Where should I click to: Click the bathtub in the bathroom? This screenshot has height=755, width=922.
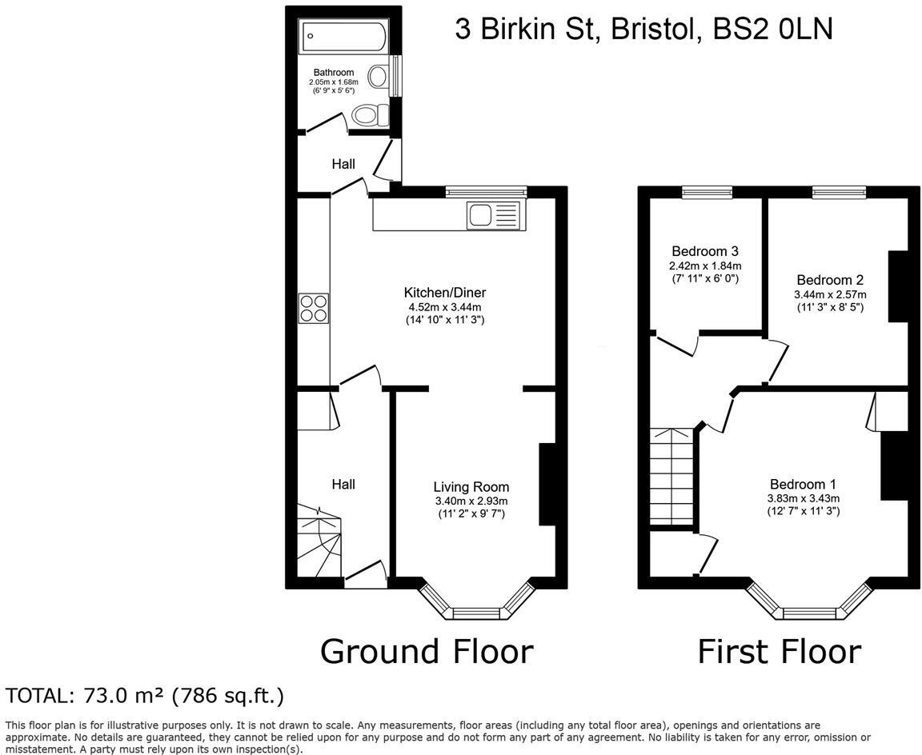[343, 37]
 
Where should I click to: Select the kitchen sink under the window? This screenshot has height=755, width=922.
[493, 215]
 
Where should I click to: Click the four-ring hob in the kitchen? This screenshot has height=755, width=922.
[314, 308]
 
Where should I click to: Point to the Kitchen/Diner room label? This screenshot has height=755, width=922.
[444, 293]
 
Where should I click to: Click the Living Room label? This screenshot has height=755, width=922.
[471, 486]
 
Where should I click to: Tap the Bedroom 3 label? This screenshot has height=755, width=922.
[705, 251]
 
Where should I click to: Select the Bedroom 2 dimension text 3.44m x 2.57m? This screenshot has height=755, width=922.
[830, 294]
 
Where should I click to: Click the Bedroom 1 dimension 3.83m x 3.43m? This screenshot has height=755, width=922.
[804, 498]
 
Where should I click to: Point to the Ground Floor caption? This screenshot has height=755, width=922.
[427, 651]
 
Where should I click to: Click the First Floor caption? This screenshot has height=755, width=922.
[779, 651]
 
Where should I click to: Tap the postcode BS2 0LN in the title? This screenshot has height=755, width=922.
[772, 29]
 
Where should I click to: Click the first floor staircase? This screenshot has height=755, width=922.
[672, 477]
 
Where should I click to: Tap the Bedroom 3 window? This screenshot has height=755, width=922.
[708, 192]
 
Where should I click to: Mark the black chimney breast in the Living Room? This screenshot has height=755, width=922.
[547, 484]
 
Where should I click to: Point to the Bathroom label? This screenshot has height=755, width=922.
[334, 72]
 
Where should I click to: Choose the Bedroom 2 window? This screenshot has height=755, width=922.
[839, 192]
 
